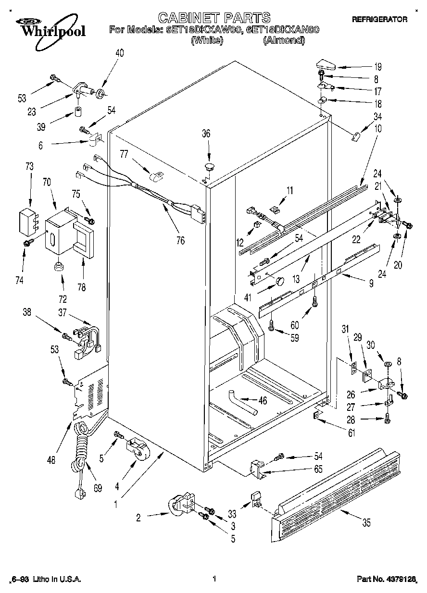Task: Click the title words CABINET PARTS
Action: [x=214, y=18]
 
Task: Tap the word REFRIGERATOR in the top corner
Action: [x=379, y=20]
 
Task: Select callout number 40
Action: [x=119, y=53]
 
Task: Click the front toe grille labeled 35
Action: [x=337, y=485]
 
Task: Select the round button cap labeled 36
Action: [x=209, y=167]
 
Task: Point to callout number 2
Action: [x=138, y=518]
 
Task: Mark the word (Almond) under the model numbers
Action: [x=284, y=41]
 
